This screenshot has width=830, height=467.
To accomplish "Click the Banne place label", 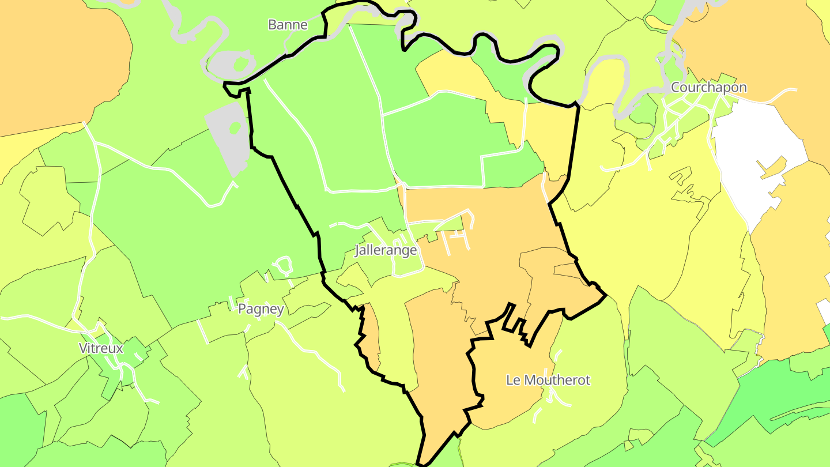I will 288,25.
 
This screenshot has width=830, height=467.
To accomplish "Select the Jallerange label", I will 386,250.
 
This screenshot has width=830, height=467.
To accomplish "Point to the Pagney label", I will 261,309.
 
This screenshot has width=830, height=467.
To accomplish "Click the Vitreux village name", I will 101,348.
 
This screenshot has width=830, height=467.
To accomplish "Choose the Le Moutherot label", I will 548,380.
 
